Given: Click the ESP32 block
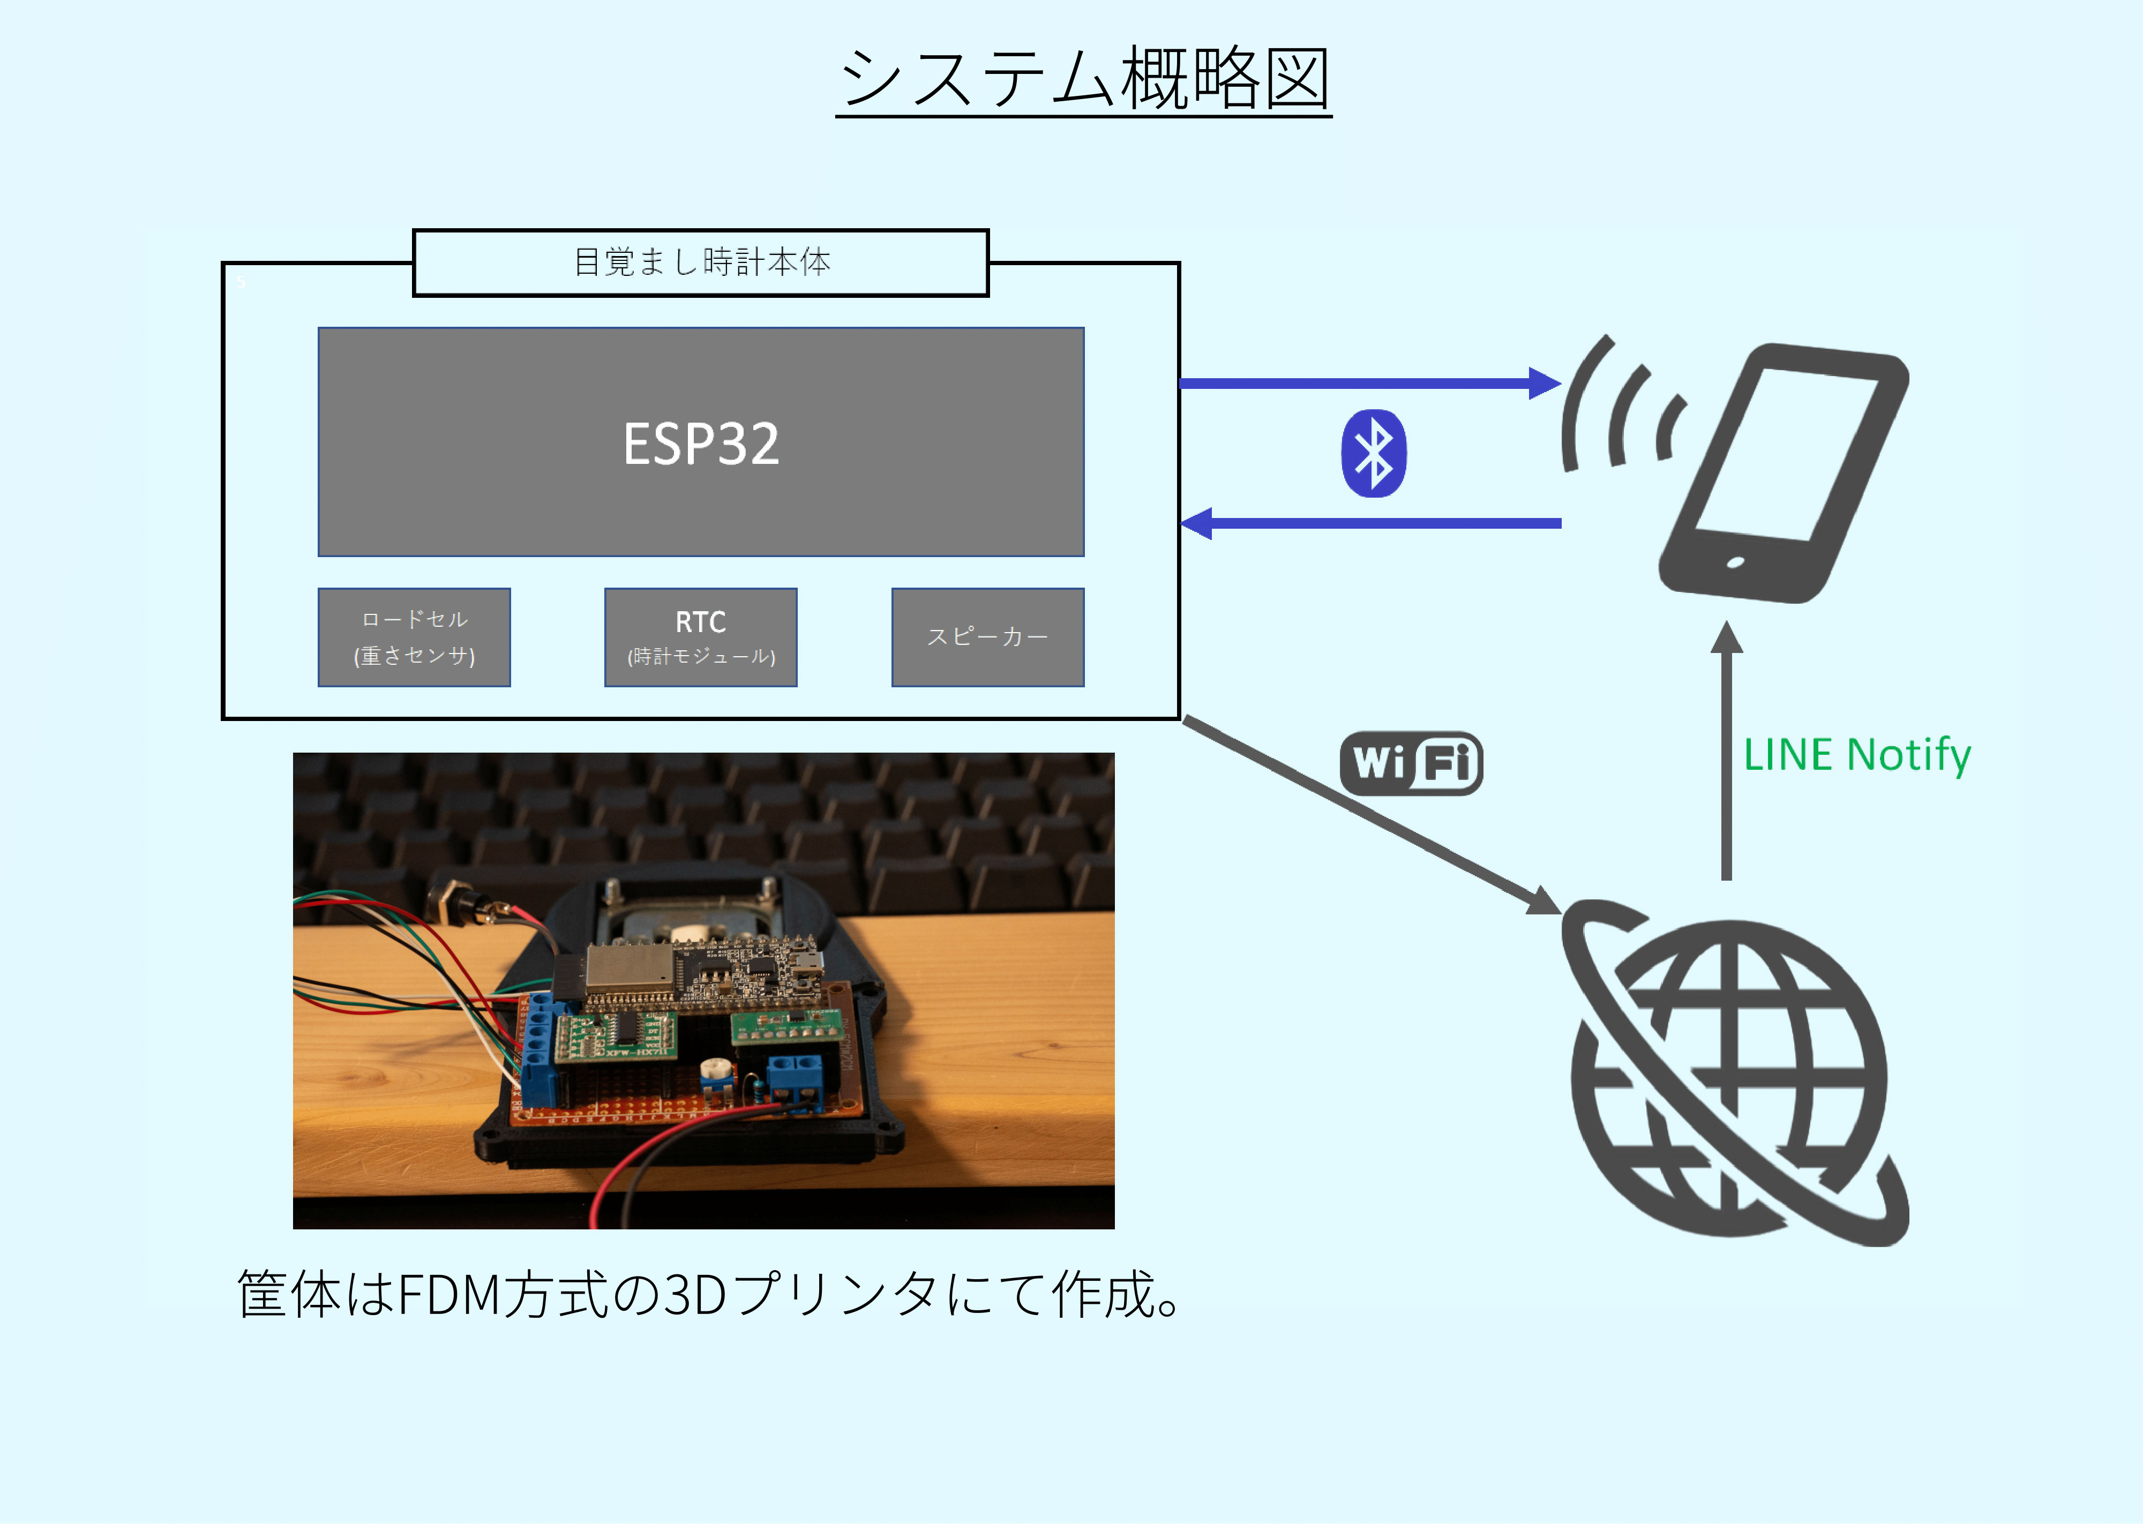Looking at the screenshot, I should point(701,442).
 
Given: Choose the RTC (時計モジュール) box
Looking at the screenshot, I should point(701,637).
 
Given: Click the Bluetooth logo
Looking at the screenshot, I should point(1374,453).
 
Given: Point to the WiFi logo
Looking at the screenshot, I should point(1411,763).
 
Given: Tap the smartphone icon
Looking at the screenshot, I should point(1782,474).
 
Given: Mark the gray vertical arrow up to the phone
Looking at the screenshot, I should point(1726,750).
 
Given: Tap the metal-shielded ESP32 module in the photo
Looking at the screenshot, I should point(628,970).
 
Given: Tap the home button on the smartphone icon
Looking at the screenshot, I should point(1735,563).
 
